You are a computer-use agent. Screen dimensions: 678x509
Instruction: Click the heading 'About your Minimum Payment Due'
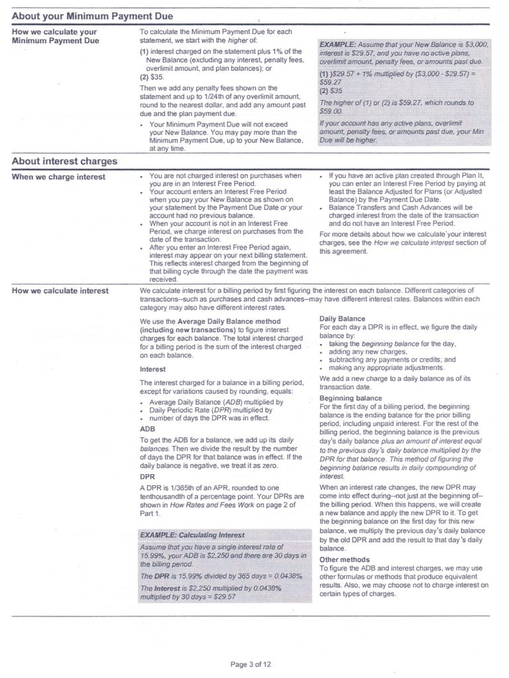pyautogui.click(x=93, y=15)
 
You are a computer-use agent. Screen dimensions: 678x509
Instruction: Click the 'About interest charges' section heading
pyautogui.click(x=64, y=161)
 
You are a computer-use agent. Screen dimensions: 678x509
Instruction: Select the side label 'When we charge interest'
pyautogui.click(x=58, y=177)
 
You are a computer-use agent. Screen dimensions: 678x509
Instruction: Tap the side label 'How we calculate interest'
pyautogui.click(x=60, y=291)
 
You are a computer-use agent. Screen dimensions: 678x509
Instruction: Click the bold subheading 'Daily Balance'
pyautogui.click(x=342, y=318)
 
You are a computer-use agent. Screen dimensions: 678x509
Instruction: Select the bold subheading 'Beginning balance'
pyautogui.click(x=351, y=398)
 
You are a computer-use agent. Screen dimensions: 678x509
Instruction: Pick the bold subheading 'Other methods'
pyautogui.click(x=345, y=559)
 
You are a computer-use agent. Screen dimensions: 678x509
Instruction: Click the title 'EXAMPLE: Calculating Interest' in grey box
pyautogui.click(x=192, y=534)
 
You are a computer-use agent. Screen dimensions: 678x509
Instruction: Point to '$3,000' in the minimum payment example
pyautogui.click(x=475, y=44)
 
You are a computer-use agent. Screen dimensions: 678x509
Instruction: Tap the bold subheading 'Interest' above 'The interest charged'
pyautogui.click(x=152, y=369)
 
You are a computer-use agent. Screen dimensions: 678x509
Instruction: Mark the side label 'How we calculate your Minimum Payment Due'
pyautogui.click(x=55, y=36)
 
